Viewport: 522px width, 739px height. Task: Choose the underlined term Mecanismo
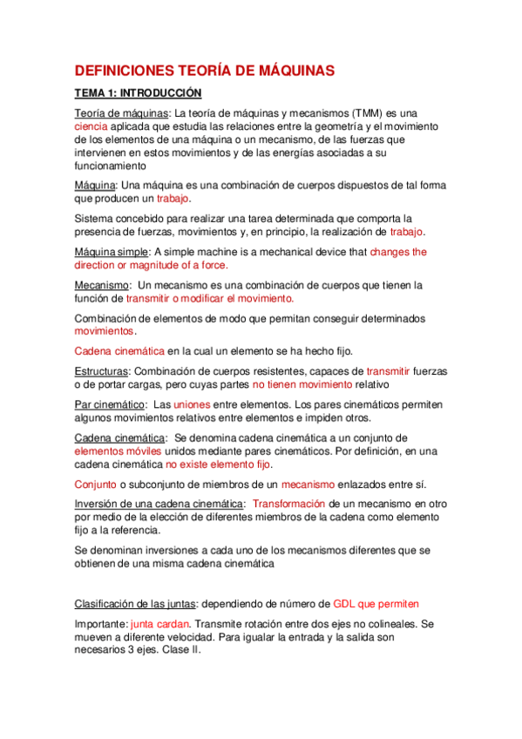100,285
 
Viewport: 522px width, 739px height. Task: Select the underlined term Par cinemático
109,404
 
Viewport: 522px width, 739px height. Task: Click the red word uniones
192,404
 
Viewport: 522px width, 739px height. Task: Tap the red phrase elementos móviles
118,451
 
